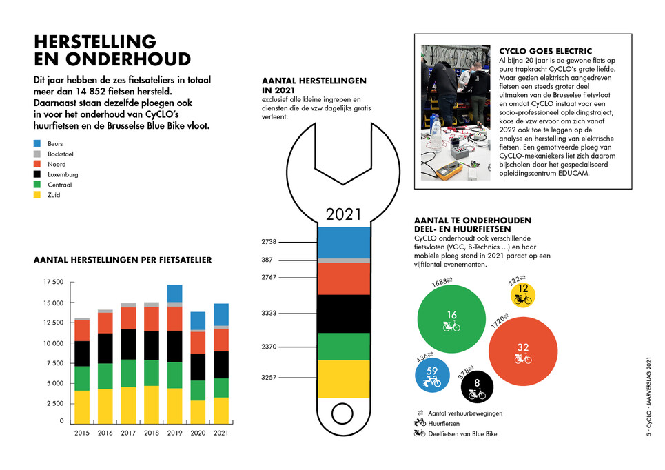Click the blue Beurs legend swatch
(x=37, y=143)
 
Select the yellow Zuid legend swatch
(x=37, y=195)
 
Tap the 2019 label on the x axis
(x=174, y=433)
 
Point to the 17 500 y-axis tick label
(x=54, y=282)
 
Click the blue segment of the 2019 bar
(x=175, y=294)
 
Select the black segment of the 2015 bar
(x=82, y=354)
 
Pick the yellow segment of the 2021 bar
(x=221, y=410)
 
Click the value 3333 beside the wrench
(x=269, y=313)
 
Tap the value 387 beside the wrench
(x=267, y=260)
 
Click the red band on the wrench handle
(x=344, y=278)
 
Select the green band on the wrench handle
(x=344, y=347)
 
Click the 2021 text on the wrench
(x=344, y=214)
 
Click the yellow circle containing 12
(x=522, y=295)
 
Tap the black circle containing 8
(x=477, y=387)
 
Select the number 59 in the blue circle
(x=432, y=371)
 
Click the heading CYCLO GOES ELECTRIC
(x=545, y=51)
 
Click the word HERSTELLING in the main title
(x=95, y=41)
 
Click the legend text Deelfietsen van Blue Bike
(x=462, y=434)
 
